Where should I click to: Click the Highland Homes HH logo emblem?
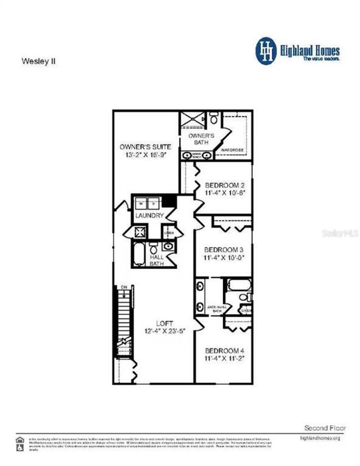click(x=266, y=51)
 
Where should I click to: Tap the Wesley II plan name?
click(x=39, y=61)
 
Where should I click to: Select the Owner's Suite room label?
click(x=145, y=147)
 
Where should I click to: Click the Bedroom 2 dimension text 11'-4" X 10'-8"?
click(x=225, y=193)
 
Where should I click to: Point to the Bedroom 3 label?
click(x=224, y=250)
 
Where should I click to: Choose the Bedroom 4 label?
click(x=224, y=351)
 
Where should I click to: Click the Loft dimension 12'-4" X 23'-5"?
click(x=165, y=331)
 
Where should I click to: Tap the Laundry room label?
click(x=149, y=216)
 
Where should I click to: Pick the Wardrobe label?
click(x=232, y=150)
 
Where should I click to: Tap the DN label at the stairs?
click(x=124, y=287)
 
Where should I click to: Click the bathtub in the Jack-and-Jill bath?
click(x=239, y=284)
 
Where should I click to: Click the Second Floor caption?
click(x=325, y=428)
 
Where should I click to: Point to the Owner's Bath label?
click(x=201, y=139)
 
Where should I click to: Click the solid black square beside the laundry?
click(x=170, y=201)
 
